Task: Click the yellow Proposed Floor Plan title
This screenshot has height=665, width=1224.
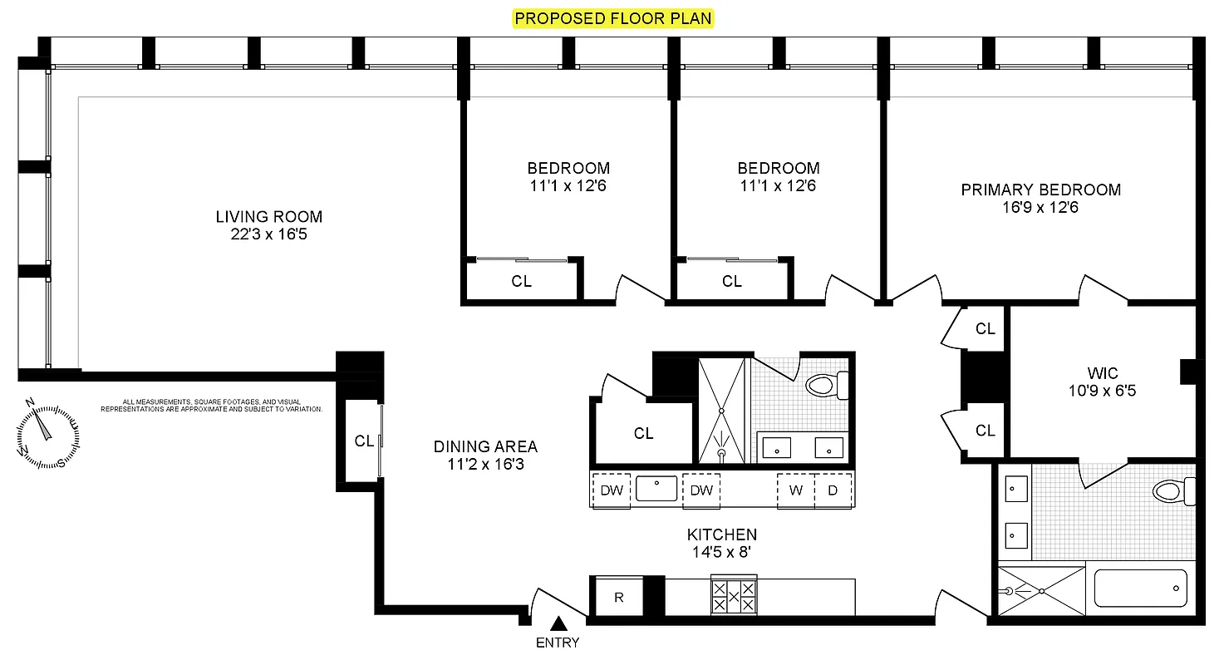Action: (x=612, y=18)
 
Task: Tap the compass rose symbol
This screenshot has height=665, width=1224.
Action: (x=47, y=433)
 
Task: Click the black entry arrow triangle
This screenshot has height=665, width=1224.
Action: (x=559, y=623)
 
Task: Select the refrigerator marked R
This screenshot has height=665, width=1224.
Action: (x=619, y=598)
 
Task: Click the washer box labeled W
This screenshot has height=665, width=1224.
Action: (x=795, y=490)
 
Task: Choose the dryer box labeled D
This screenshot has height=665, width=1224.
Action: (x=833, y=490)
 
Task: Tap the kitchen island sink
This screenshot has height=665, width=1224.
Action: (x=656, y=489)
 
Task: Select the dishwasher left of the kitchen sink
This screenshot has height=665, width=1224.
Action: (x=612, y=490)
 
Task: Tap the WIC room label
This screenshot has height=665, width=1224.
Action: (x=1102, y=372)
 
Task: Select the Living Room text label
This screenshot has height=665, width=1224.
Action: (x=268, y=217)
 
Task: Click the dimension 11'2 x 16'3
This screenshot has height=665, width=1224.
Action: (x=485, y=465)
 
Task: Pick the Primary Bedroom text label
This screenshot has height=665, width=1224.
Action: (x=1040, y=190)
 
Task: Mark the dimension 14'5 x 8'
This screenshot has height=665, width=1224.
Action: (x=721, y=552)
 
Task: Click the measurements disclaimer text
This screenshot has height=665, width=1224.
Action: (x=211, y=405)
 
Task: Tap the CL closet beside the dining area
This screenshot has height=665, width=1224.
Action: (x=363, y=441)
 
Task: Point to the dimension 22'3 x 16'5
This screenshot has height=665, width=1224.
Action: (x=268, y=234)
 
